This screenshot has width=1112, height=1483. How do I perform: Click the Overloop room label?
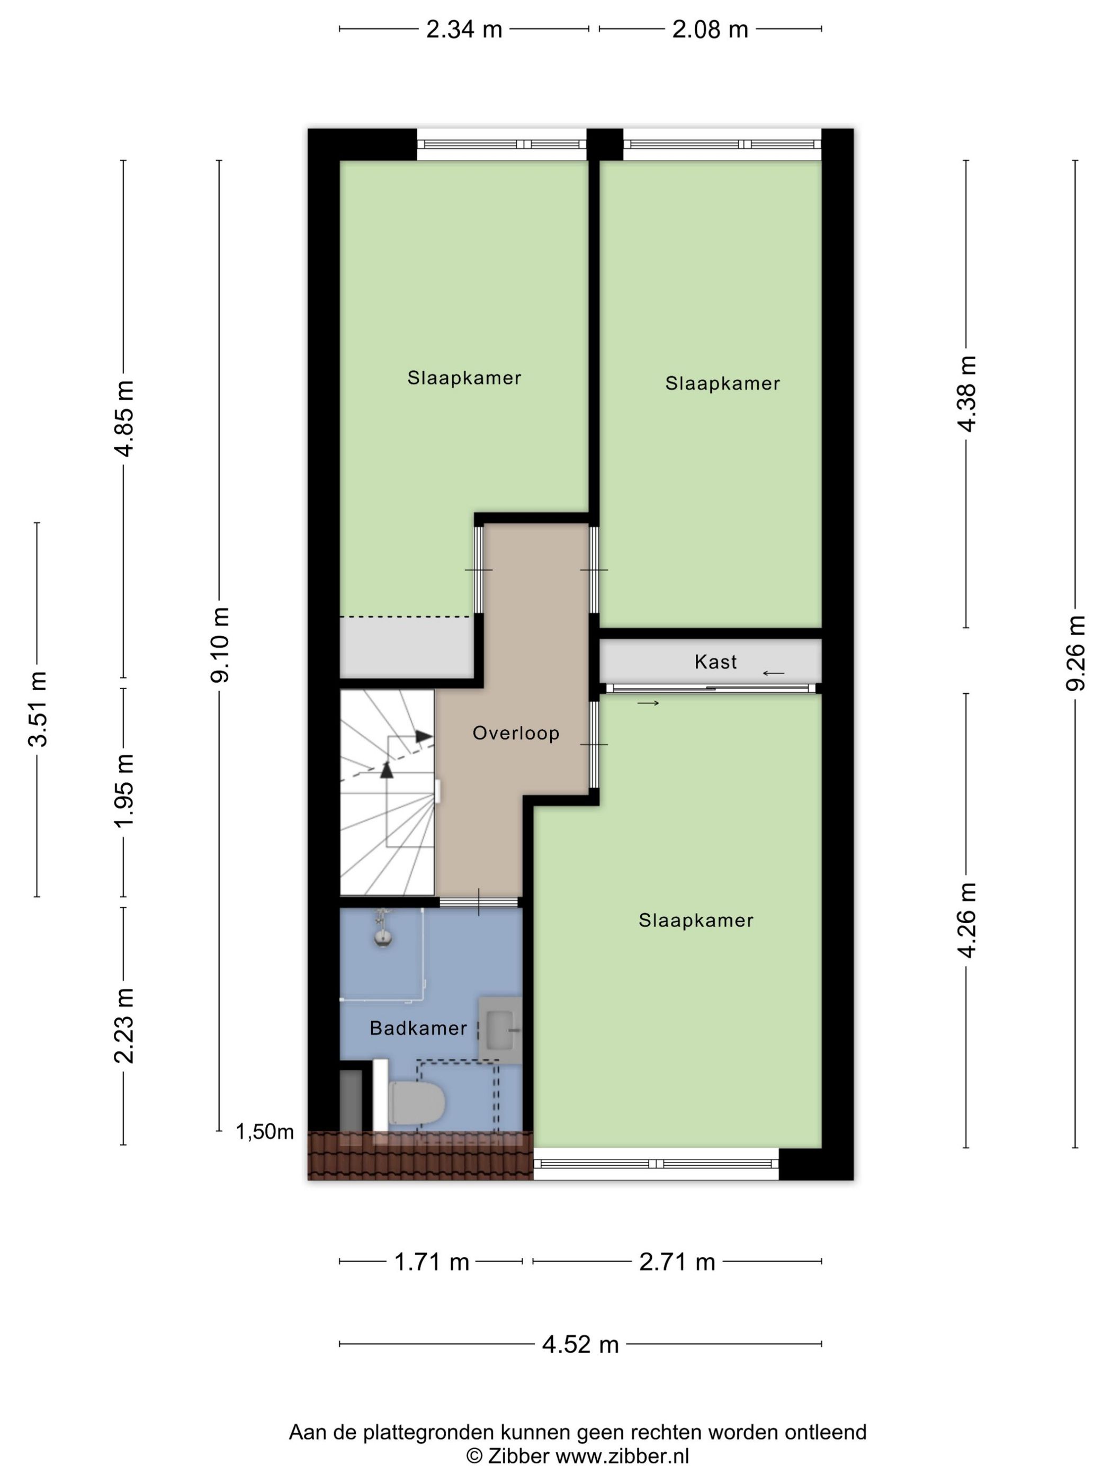pyautogui.click(x=515, y=733)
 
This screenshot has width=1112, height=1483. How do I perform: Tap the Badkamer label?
pyautogui.click(x=418, y=1028)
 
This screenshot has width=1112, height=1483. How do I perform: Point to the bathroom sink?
pyautogui.click(x=500, y=1030)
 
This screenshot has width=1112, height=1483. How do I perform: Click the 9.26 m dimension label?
pyautogui.click(x=1076, y=653)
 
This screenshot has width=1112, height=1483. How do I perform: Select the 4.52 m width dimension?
pyautogui.click(x=580, y=1344)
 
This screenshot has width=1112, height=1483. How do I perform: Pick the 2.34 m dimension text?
pyautogui.click(x=464, y=30)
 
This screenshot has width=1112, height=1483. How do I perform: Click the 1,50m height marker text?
pyautogui.click(x=265, y=1132)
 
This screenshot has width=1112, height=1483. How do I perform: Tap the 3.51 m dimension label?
pyautogui.click(x=38, y=709)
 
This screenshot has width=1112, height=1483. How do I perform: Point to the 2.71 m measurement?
pyautogui.click(x=677, y=1263)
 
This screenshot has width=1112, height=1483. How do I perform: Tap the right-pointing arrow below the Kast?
pyautogui.click(x=648, y=703)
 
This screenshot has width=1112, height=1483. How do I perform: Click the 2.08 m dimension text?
pyautogui.click(x=710, y=30)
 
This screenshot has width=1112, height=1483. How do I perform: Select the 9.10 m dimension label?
pyautogui.click(x=220, y=645)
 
